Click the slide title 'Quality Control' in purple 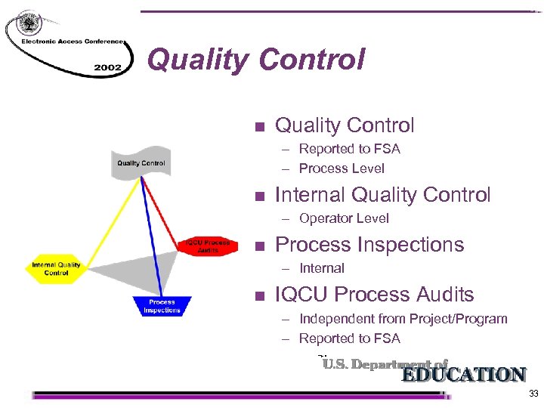(x=256, y=59)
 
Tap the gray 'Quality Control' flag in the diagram (x=141, y=162)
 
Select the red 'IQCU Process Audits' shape (x=208, y=246)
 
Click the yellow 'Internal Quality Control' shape (x=57, y=269)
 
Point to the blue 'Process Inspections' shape (x=162, y=306)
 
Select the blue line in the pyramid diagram (x=152, y=234)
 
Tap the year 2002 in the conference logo (x=107, y=67)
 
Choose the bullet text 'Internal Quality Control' (x=382, y=195)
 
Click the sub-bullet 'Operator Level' (x=344, y=218)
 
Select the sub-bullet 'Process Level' (x=342, y=168)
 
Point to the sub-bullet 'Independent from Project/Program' (x=403, y=319)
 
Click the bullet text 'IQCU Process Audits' (x=374, y=295)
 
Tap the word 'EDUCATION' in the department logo (x=463, y=375)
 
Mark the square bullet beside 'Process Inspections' (x=259, y=246)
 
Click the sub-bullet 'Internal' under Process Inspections (x=321, y=268)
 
